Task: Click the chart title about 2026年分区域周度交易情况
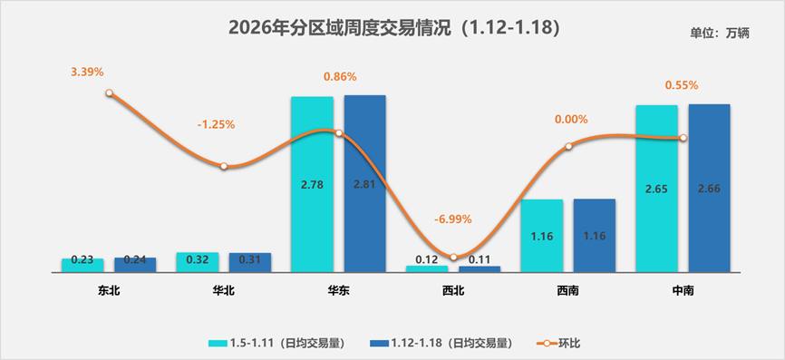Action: coord(392,28)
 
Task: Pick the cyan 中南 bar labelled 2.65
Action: coord(656,188)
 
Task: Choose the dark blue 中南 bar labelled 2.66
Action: coord(709,188)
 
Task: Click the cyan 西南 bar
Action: coord(541,235)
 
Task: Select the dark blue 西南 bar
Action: coord(595,235)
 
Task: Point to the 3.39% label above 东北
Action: coord(87,71)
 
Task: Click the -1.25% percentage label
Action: coord(216,124)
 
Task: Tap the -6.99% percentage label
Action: coord(452,219)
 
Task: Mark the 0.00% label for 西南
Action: coord(571,119)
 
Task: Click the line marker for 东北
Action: coord(109,92)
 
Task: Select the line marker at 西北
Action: coord(453,258)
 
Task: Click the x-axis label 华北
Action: coord(224,290)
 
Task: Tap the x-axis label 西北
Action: coord(453,290)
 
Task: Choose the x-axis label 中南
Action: coord(683,290)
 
